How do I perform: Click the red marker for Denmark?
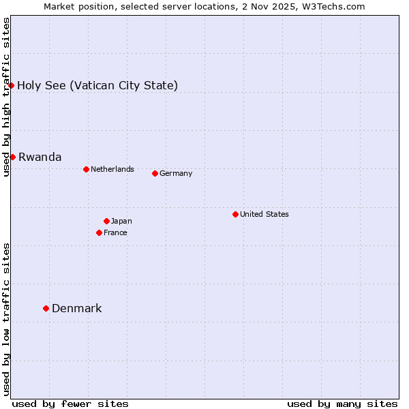(x=46, y=308)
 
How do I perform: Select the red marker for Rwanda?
(x=12, y=157)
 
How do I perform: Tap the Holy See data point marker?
(x=12, y=85)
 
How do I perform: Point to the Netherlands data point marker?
(x=86, y=169)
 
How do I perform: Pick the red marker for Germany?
(x=155, y=173)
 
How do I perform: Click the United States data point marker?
(x=235, y=214)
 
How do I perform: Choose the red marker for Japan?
(x=106, y=221)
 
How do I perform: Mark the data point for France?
(x=99, y=232)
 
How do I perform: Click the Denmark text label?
(x=77, y=308)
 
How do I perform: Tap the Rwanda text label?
(x=40, y=157)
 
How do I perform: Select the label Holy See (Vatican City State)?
(x=97, y=85)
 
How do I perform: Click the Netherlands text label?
(x=112, y=169)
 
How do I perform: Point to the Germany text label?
(x=176, y=173)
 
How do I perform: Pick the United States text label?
(x=264, y=214)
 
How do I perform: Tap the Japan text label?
(x=121, y=221)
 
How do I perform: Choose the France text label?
(x=115, y=232)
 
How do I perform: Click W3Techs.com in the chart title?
(x=333, y=6)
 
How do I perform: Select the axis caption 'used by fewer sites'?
(x=70, y=404)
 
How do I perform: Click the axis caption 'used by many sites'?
(x=342, y=404)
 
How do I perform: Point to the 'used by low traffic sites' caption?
(x=6, y=319)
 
